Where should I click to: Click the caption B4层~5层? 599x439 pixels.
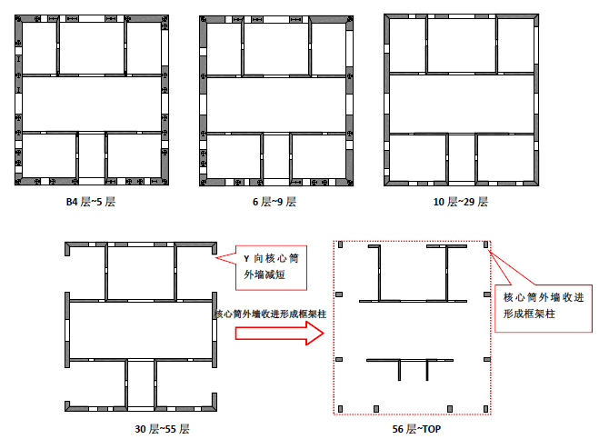[x=91, y=202]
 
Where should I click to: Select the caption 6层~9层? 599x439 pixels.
[x=275, y=202]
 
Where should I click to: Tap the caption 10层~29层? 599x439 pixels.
[x=460, y=202]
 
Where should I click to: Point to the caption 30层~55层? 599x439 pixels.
[x=162, y=429]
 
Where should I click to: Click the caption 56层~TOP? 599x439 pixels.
[x=416, y=429]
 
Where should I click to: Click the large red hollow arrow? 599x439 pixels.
[x=280, y=334]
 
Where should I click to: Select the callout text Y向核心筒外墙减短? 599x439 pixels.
[x=271, y=266]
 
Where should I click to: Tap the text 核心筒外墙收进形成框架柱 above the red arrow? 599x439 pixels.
[x=271, y=314]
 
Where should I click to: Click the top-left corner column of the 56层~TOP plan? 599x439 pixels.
[x=340, y=244]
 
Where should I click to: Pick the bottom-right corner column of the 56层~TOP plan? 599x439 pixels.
[x=486, y=409]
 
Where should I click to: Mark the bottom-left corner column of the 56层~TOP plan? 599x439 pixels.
[x=340, y=409]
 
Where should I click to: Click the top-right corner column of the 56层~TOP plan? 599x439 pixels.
[x=486, y=244]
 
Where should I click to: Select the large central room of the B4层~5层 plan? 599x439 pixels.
[x=92, y=104]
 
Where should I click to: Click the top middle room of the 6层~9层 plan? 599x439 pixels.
[x=275, y=48]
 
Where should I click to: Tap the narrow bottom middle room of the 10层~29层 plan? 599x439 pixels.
[x=461, y=158]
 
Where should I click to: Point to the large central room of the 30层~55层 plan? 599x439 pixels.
[x=141, y=331]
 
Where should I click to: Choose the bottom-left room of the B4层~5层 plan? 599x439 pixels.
[x=49, y=155]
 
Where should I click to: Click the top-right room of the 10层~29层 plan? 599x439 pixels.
[x=515, y=45]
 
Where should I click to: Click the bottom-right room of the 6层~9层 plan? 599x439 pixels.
[x=319, y=156]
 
